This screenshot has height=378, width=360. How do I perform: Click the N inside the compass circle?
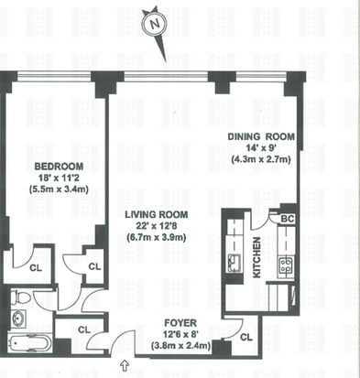155,24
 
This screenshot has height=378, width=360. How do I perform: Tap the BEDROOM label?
59,167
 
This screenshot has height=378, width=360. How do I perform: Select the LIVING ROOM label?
157,215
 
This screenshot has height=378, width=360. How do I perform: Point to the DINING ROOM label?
261,136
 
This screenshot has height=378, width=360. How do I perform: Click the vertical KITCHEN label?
256,257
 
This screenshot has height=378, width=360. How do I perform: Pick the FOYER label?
180,323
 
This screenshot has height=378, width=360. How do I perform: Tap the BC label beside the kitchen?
287,219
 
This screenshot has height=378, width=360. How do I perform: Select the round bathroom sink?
17,319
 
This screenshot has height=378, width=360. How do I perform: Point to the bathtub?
27,343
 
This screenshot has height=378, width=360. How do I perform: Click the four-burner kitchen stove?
287,265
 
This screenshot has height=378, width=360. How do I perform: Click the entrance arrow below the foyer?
125,365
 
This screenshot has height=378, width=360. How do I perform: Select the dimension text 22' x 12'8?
156,226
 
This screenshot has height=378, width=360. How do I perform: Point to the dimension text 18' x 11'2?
58,178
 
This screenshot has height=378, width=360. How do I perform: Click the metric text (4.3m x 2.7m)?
261,159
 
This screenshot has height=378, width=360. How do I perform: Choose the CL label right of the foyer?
246,338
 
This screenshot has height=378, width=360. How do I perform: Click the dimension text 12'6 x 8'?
180,334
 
